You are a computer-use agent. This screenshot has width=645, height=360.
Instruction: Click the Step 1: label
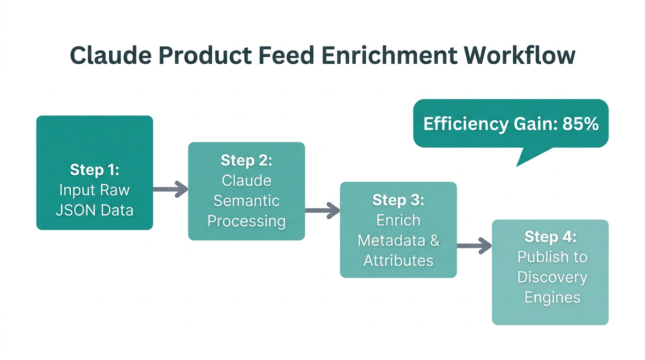[95, 169]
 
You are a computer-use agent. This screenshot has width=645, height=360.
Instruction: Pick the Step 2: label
[247, 160]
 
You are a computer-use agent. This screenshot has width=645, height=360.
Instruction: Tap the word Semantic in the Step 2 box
[247, 201]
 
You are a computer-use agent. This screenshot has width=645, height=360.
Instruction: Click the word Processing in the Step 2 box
[247, 221]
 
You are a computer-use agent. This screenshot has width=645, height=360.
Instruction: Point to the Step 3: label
[398, 200]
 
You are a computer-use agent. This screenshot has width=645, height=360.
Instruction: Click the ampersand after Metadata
[434, 240]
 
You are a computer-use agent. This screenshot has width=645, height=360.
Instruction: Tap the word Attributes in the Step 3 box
[398, 261]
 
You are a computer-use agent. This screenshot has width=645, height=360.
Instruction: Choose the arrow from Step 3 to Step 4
[474, 246]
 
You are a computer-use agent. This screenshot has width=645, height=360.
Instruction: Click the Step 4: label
[550, 237]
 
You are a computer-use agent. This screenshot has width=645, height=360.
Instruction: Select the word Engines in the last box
[552, 297]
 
